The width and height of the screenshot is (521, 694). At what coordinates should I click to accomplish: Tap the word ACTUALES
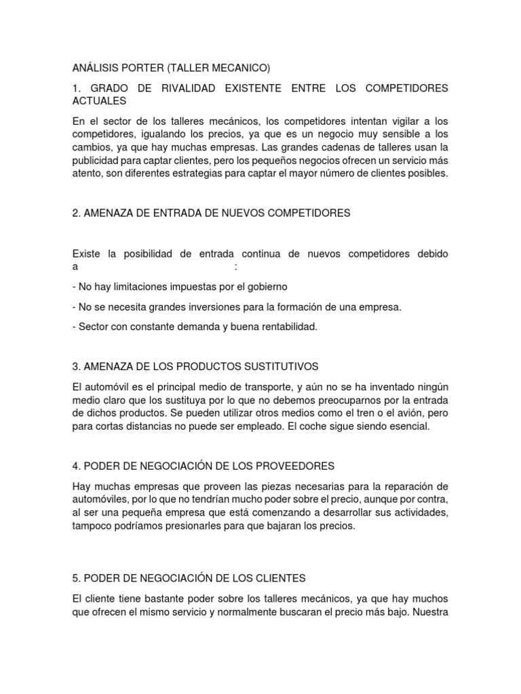pos(100,101)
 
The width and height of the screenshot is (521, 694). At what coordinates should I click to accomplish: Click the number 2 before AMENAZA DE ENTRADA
pos(75,213)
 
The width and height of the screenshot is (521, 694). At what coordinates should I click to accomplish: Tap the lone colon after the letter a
pos(235,267)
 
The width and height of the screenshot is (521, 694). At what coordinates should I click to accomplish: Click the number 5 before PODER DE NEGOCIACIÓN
pos(75,578)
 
